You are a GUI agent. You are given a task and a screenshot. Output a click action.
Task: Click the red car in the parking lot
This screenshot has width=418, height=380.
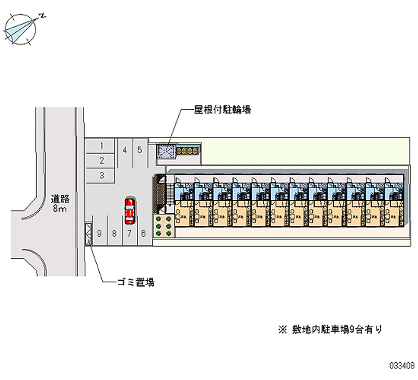coord(129,211)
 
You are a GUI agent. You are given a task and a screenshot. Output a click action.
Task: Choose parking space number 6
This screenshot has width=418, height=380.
coord(143,233)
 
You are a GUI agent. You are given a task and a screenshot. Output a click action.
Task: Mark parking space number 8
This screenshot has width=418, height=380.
coord(114,233)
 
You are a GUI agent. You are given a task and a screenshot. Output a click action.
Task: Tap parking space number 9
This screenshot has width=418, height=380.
coord(99,233)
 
